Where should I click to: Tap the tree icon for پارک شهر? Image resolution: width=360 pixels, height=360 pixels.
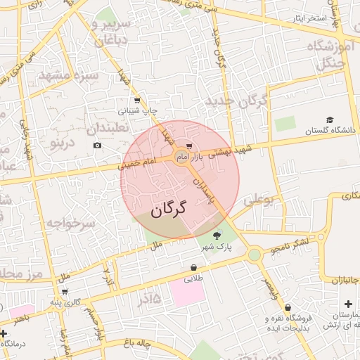(x=216, y=236)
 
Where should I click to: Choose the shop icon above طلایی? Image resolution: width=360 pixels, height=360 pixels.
(x=193, y=267)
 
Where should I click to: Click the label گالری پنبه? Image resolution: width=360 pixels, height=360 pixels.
(x=72, y=302)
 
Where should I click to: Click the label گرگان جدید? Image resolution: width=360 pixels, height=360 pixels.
(x=236, y=101)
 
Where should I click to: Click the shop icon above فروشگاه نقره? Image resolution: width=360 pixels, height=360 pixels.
(x=288, y=307)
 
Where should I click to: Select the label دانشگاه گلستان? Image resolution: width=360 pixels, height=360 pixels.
(x=331, y=130)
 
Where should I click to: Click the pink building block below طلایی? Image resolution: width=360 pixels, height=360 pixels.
(x=187, y=292)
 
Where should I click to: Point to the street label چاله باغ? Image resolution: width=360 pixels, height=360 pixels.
(x=135, y=342)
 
